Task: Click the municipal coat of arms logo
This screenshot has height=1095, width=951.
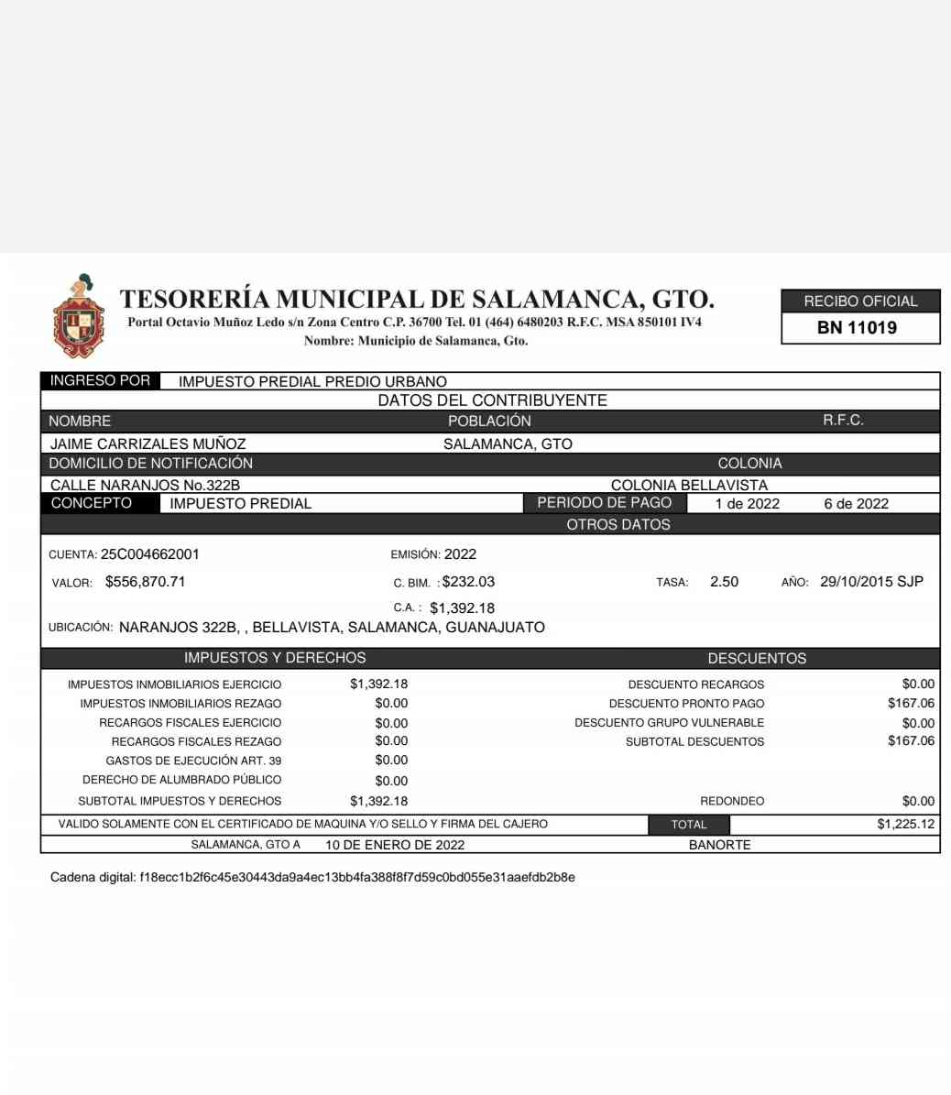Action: tap(78, 317)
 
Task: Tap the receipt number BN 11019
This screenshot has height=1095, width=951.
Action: tap(857, 328)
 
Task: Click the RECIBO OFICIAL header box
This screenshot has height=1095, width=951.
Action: tap(860, 301)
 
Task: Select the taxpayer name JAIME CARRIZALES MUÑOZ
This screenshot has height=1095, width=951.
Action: tap(148, 443)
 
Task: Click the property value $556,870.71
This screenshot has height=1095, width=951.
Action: tap(146, 582)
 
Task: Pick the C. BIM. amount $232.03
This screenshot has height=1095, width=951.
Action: tap(468, 582)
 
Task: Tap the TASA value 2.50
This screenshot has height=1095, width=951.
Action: tap(724, 582)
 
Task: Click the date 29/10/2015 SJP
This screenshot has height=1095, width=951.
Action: tap(871, 582)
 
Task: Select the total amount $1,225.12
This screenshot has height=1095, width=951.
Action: tap(905, 824)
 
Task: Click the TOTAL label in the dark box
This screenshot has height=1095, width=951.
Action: tap(689, 825)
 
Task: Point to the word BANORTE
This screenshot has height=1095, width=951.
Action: tap(719, 845)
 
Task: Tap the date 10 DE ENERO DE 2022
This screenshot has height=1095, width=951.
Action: tap(395, 845)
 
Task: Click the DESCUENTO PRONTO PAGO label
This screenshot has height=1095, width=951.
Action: tap(686, 704)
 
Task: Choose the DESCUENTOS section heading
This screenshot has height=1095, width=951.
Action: tap(757, 659)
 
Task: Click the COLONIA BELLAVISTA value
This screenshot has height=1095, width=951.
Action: tap(689, 485)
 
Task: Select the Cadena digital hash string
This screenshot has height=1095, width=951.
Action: tap(357, 878)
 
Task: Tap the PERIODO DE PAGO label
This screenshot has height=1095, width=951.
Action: tap(604, 503)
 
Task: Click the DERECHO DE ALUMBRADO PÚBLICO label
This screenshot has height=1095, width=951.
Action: tap(181, 780)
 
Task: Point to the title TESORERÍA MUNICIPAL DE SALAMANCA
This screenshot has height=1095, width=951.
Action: tap(417, 299)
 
